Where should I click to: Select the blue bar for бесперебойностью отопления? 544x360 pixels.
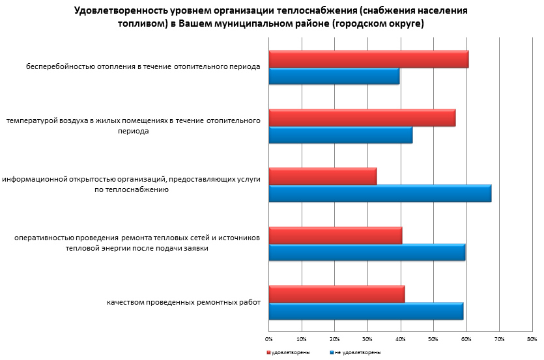tap(334, 76)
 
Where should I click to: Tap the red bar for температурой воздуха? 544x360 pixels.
tap(362, 118)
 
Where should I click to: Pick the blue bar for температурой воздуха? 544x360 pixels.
tap(341, 135)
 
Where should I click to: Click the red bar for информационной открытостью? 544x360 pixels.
tap(322, 176)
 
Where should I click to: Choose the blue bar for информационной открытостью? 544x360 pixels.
tap(380, 193)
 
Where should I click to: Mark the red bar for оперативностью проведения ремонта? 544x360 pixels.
tap(336, 235)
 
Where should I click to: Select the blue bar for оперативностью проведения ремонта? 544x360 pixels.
tap(367, 252)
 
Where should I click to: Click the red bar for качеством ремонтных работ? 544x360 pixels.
tap(337, 294)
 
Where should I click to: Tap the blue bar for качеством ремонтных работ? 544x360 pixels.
tap(366, 311)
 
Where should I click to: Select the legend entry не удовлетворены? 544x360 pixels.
tap(357, 352)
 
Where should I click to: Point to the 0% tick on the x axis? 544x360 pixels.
tap(269, 339)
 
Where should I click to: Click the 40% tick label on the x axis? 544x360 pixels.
tap(400, 339)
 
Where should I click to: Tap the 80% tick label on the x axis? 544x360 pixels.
tap(532, 339)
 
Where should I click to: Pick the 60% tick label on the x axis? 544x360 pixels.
tap(466, 339)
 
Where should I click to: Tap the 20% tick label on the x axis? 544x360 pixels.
tap(334, 339)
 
